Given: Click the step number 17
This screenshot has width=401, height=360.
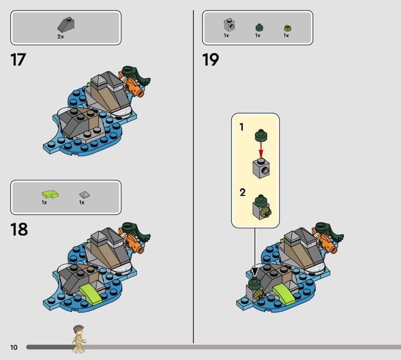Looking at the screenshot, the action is (x=19, y=60).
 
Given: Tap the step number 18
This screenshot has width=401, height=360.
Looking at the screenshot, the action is (x=19, y=229).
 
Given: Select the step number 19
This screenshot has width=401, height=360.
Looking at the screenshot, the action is (x=211, y=60).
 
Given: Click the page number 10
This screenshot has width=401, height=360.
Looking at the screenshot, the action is (x=14, y=347).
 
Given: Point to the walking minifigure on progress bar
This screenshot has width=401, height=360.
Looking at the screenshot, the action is (x=79, y=339).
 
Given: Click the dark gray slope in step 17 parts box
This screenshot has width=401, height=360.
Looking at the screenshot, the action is (x=66, y=25).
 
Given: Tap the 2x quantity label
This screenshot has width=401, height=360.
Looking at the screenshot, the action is (x=61, y=37).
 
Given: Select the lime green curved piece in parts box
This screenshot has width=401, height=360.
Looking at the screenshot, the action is (x=50, y=195).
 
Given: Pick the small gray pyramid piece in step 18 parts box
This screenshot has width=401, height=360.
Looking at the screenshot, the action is (x=85, y=195).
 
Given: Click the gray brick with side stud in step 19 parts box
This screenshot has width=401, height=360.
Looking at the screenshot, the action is (x=229, y=25).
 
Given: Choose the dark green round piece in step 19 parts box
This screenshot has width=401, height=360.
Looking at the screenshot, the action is (x=260, y=28).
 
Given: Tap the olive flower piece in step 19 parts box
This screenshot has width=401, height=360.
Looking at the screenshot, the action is (x=288, y=28).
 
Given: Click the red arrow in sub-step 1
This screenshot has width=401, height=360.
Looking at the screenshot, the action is (x=261, y=150).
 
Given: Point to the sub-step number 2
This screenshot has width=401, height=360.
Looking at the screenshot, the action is (x=243, y=192).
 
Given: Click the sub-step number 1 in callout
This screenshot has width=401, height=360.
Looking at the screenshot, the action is (x=242, y=127).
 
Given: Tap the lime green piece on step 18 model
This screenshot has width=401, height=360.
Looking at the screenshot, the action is (x=91, y=294).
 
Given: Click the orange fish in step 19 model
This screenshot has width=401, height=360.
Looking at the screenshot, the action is (x=324, y=242).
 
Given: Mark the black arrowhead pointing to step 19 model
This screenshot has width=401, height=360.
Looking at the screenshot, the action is (x=255, y=271).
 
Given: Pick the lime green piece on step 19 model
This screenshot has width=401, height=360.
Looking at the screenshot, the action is (x=284, y=294).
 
